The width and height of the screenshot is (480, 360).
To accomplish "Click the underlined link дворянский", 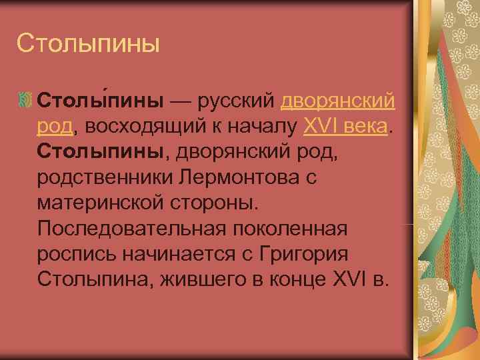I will click(x=338, y=101).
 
